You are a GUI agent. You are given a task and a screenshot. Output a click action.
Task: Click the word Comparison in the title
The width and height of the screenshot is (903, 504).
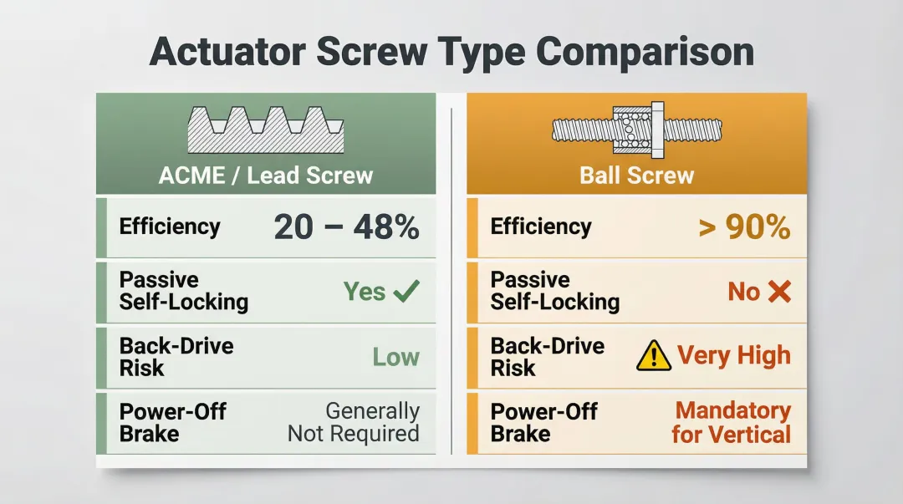click(645, 52)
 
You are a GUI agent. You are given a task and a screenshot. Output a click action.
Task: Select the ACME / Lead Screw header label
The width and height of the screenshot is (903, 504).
click(266, 176)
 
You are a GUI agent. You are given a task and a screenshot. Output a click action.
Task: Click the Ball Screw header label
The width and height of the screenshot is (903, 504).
click(636, 176)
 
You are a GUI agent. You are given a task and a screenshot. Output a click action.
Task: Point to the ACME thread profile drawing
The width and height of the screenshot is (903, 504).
click(266, 130)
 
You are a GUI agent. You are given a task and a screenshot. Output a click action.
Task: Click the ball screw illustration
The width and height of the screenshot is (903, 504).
click(636, 130)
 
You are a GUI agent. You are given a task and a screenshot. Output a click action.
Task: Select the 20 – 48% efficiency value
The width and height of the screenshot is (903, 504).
click(346, 227)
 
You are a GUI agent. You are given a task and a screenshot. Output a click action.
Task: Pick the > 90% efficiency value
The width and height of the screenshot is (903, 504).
click(744, 227)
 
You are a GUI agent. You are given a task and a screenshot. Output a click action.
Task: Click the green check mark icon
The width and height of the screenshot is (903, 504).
click(406, 292)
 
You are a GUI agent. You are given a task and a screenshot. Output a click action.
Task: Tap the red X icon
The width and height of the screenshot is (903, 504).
click(778, 292)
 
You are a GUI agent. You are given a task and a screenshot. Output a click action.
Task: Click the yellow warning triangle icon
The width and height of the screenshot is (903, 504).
click(653, 357)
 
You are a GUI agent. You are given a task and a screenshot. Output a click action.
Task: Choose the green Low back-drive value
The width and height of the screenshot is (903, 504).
click(395, 357)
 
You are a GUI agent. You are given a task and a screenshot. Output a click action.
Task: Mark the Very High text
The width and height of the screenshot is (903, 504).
click(733, 356)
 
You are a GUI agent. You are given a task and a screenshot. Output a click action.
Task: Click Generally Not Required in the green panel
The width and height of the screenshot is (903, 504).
click(354, 422)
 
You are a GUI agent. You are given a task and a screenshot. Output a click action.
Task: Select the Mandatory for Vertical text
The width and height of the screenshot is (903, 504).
click(732, 422)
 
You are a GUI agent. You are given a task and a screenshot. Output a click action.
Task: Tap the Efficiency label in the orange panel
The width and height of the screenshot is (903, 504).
click(541, 227)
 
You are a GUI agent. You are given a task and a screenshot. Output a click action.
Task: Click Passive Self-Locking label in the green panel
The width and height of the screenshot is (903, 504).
click(183, 291)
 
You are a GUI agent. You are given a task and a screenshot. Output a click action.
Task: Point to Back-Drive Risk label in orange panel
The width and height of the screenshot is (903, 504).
click(547, 357)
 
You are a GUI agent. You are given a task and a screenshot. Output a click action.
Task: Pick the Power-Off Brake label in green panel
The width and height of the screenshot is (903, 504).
click(172, 422)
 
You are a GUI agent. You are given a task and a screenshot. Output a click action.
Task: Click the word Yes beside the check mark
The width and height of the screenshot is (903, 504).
click(365, 292)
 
